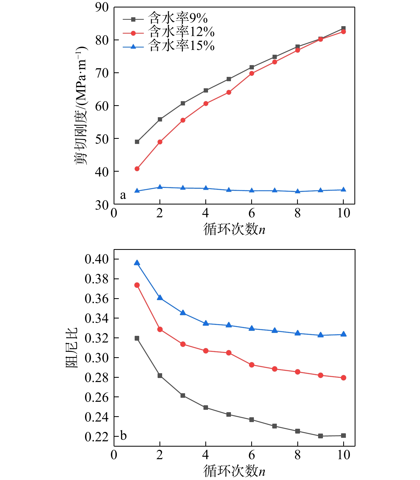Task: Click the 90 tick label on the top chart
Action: tap(102, 7)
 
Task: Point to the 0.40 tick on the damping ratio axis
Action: tap(97, 259)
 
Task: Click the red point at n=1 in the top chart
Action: tap(137, 169)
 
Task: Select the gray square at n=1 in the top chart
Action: tap(137, 142)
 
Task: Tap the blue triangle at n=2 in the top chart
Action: tap(160, 187)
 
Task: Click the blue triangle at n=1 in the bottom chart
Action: tap(137, 263)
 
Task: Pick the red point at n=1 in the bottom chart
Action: tap(137, 285)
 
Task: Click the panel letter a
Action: tap(123, 195)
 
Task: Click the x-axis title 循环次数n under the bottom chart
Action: tap(234, 470)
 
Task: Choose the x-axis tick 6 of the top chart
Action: tap(251, 213)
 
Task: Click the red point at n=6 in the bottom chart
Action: tap(251, 365)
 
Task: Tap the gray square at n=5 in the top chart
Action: tap(229, 79)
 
